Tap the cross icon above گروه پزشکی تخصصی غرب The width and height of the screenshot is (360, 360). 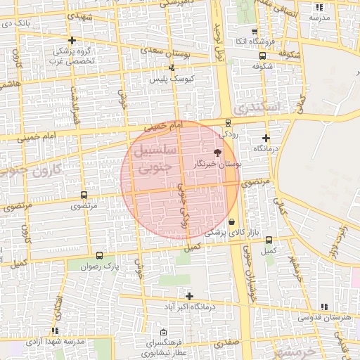click(x=72, y=41)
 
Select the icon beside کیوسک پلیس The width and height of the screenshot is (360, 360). click(x=173, y=68)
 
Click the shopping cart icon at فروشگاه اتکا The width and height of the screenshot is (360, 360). click(x=254, y=32)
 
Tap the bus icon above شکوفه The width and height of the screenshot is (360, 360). click(x=262, y=56)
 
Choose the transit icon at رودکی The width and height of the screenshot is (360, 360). click(x=226, y=122)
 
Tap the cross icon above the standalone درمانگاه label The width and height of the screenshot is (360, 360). click(x=266, y=138)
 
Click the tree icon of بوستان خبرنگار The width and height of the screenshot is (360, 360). click(x=217, y=152)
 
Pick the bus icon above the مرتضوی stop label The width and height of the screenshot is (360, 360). click(x=84, y=195)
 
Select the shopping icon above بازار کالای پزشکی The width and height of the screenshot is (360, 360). click(x=231, y=221)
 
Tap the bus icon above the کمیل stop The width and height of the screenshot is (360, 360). click(x=268, y=239)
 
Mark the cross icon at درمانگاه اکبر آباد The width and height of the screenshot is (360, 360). click(x=188, y=296)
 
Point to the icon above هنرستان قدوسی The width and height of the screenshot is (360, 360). click(x=323, y=307)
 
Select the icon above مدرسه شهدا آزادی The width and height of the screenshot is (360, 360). click(x=55, y=330)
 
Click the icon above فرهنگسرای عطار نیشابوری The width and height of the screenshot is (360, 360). click(x=164, y=332)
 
